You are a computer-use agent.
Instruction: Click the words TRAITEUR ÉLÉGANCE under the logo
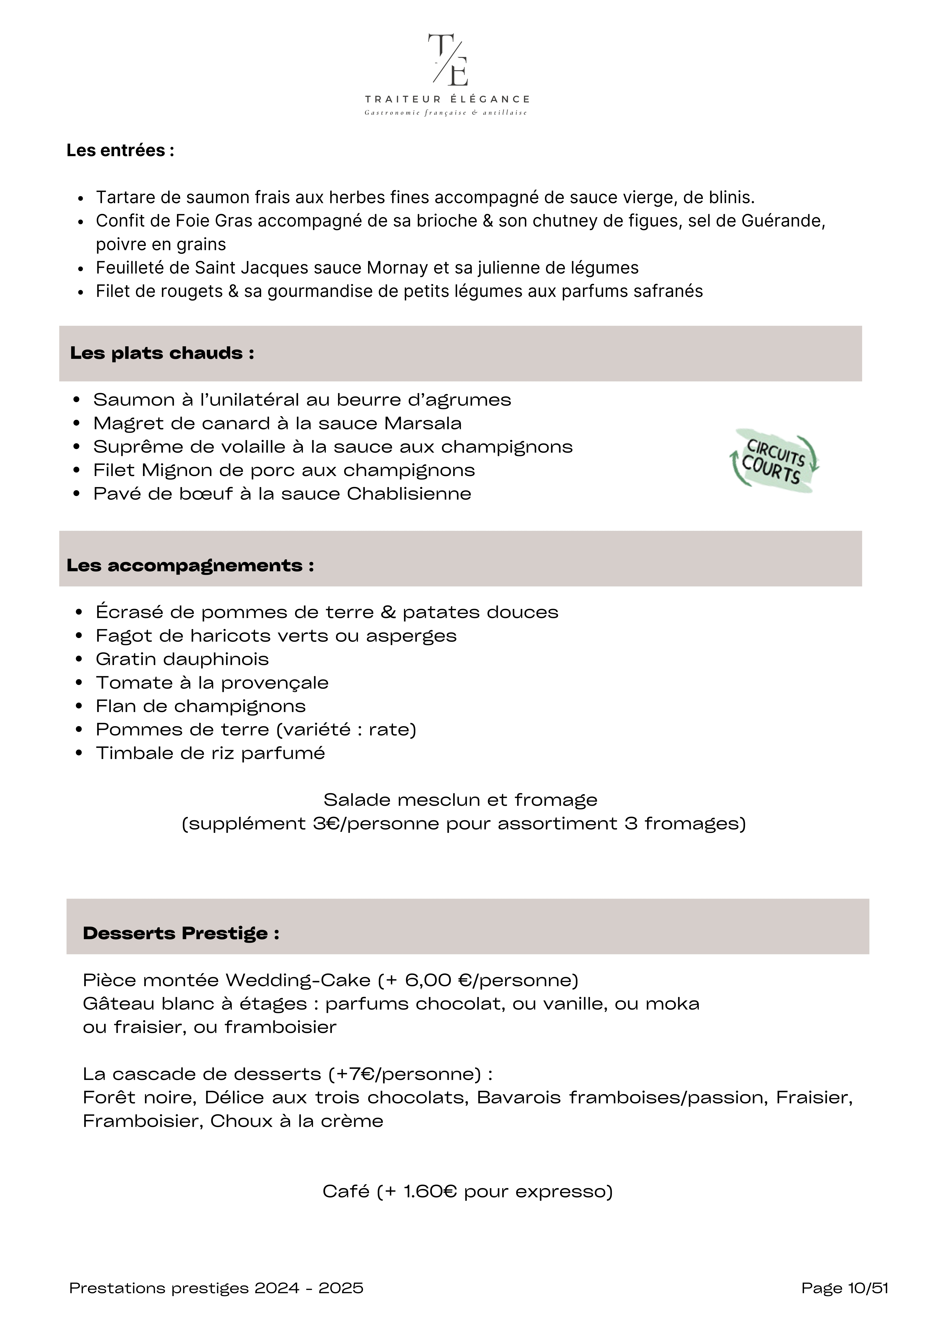click(x=447, y=99)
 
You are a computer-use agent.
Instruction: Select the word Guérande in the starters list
click(x=783, y=221)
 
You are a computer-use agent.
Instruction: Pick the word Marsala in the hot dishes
click(x=423, y=423)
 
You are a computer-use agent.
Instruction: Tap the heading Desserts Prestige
click(x=181, y=933)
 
